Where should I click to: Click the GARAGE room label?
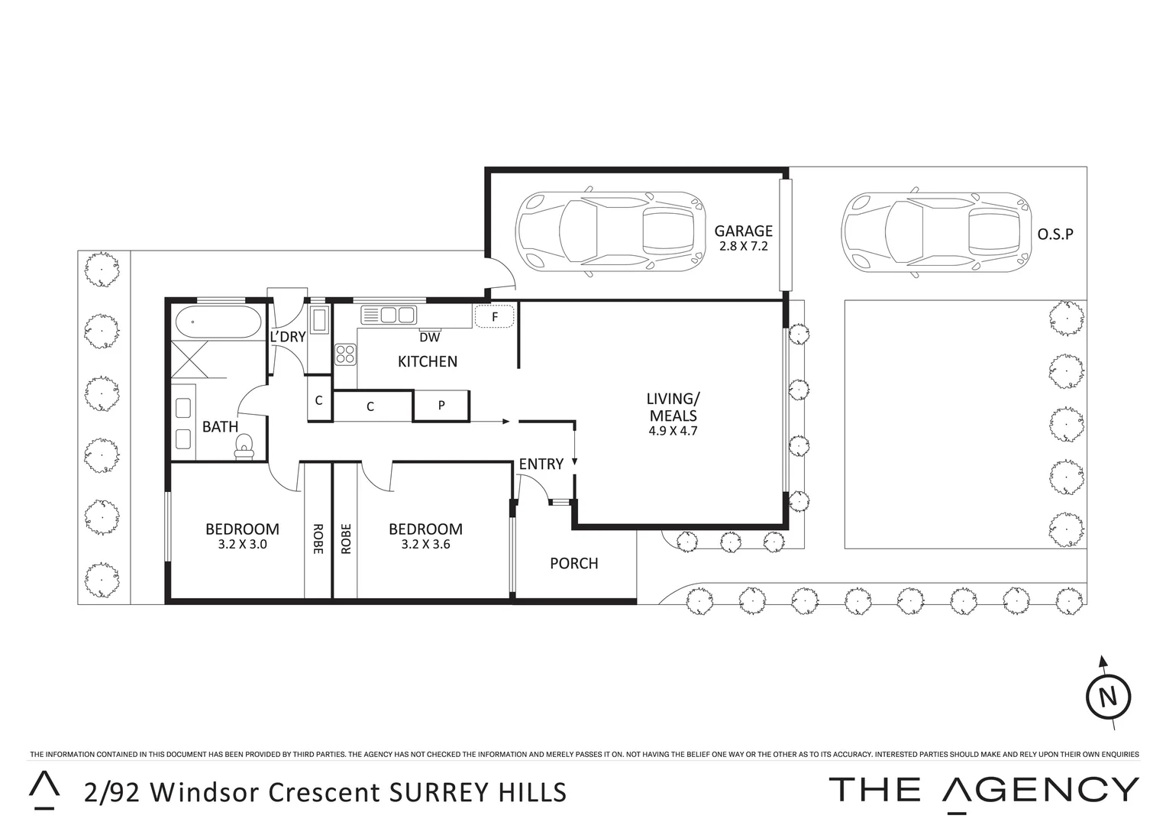(743, 231)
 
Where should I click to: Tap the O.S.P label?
(1055, 235)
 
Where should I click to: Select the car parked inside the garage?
(609, 229)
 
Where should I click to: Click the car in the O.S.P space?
(935, 230)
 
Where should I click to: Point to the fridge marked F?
(494, 316)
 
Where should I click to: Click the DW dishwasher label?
(430, 337)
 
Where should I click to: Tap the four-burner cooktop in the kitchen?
(345, 354)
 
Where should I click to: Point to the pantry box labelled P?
(441, 406)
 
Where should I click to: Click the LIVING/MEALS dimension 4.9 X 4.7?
(673, 431)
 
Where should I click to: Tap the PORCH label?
(574, 564)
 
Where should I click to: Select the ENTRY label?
(541, 464)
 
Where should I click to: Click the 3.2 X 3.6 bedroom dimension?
(425, 545)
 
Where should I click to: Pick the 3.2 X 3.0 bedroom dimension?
(241, 545)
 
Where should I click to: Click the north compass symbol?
(1108, 696)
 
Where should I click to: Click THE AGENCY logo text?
(984, 790)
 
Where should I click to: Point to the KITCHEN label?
(428, 361)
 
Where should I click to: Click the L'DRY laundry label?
(288, 336)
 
